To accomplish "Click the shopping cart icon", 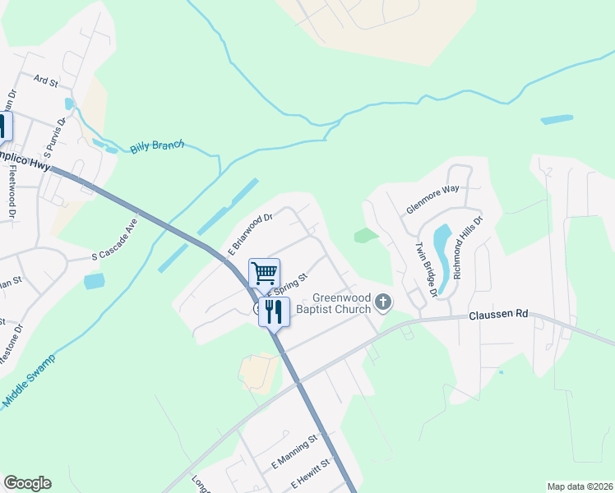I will [x=264, y=272].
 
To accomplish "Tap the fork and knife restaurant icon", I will [x=274, y=311].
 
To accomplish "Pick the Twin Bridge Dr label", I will [x=425, y=270].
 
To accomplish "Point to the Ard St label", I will [x=45, y=81].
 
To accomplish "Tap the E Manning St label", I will [x=294, y=453].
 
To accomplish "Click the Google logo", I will [x=27, y=483].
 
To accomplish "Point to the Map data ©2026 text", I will [x=580, y=486].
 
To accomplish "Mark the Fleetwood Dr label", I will [x=12, y=194].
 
